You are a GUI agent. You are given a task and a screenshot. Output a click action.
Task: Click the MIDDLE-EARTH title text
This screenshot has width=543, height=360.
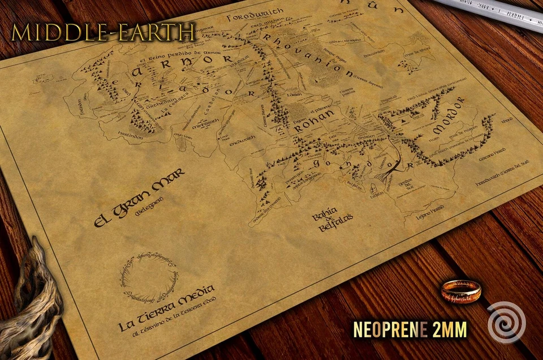[x=103, y=33]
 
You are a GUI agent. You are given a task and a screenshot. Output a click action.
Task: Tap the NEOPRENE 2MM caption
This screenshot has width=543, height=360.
[x=410, y=330]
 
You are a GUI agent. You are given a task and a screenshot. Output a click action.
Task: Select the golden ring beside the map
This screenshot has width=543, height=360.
[x=460, y=290]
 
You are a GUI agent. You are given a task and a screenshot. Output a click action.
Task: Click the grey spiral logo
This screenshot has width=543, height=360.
[x=506, y=321]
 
